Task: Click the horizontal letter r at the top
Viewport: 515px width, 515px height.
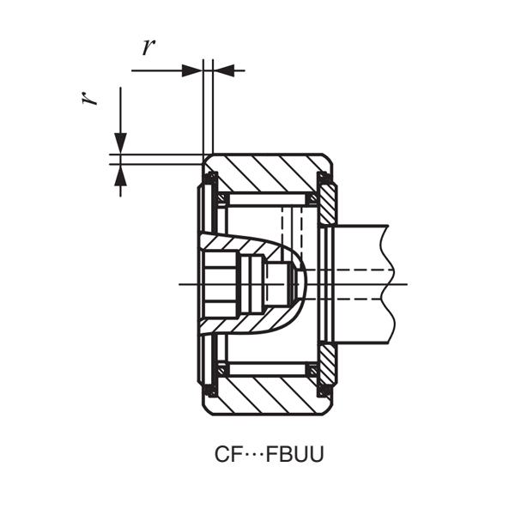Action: click(148, 47)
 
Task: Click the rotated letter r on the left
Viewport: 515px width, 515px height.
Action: click(88, 98)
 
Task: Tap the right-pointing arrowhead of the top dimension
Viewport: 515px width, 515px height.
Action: click(193, 70)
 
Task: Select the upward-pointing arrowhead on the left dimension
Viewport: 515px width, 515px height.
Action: click(121, 174)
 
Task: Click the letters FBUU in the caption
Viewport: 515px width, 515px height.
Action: click(295, 454)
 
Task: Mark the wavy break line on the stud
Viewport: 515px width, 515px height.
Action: click(391, 283)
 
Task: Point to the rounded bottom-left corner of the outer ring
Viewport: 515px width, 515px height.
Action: click(206, 411)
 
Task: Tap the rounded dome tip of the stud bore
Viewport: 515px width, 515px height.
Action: click(303, 283)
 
